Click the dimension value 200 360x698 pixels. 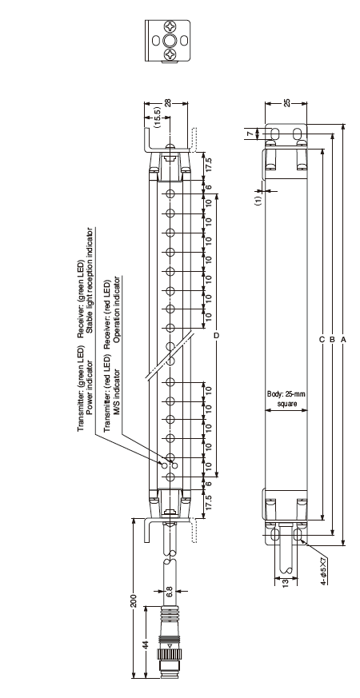133,600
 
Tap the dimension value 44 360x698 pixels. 146,645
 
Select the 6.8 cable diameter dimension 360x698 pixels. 170,591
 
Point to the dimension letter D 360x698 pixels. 217,335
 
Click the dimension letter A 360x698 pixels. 343,340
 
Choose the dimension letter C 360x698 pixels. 322,340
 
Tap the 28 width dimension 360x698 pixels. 167,103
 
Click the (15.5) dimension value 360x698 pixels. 157,117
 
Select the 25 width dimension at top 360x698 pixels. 287,103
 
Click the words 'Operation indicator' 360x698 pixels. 117,310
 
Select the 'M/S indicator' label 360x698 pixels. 117,392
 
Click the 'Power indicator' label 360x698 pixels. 90,386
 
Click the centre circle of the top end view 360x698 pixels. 170,41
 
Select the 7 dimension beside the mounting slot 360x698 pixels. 250,133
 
